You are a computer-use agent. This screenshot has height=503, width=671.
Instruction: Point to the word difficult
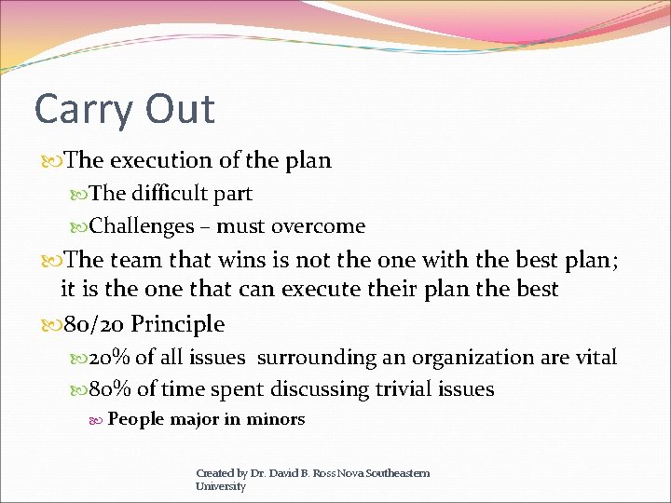(164, 194)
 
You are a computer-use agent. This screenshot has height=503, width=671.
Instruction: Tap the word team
(142, 259)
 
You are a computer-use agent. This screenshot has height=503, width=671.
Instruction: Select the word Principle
(177, 324)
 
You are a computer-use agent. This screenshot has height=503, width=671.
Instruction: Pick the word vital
(594, 358)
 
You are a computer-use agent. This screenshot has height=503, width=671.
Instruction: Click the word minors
(276, 419)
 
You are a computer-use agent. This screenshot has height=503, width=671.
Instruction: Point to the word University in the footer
(221, 486)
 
